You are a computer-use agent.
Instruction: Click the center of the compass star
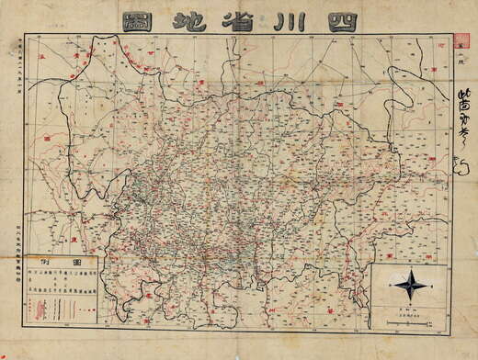410,285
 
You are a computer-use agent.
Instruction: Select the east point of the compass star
427,285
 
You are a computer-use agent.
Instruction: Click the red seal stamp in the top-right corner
462,42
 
